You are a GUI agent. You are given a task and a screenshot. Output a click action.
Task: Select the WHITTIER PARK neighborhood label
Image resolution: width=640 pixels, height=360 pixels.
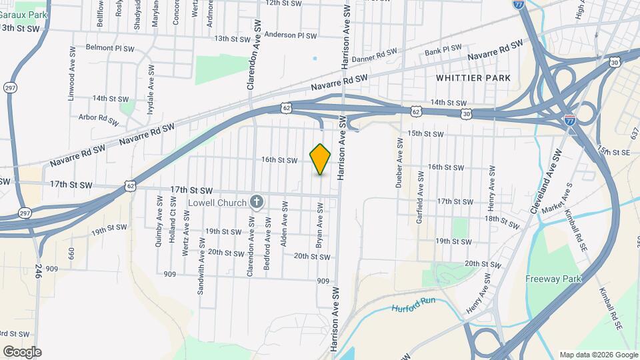pyautogui.click(x=473, y=78)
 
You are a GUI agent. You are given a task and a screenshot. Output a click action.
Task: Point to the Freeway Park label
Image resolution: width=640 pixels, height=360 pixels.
pyautogui.click(x=554, y=279)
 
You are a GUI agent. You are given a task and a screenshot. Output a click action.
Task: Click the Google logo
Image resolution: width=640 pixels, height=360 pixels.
pyautogui.click(x=22, y=351)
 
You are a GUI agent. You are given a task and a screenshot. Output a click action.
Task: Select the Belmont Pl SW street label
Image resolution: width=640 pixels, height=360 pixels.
pyautogui.click(x=111, y=48)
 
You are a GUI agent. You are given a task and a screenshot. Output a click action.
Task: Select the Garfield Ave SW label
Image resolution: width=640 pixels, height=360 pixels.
pyautogui.click(x=419, y=197)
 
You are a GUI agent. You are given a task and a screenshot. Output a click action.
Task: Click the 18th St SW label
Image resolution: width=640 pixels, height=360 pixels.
pyautogui.click(x=501, y=219)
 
